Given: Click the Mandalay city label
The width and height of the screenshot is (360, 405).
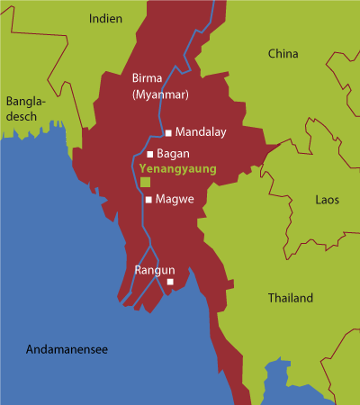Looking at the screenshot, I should (201, 131).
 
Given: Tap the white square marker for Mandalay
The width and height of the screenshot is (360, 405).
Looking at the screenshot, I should (168, 132).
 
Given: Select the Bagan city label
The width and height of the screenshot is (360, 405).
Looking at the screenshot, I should (175, 154).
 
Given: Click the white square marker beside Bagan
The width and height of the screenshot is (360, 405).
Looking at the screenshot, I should (149, 154).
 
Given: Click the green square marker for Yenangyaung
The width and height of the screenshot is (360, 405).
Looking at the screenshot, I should (144, 183).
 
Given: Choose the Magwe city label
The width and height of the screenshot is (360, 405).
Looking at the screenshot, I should (175, 199).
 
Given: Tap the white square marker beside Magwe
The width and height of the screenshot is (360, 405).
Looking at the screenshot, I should (149, 200).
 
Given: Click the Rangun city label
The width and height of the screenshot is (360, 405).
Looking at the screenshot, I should (154, 270).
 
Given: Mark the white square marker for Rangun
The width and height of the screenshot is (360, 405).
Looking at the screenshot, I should (170, 283).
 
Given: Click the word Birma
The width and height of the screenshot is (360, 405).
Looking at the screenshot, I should (148, 77).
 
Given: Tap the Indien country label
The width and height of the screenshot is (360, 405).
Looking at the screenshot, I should (107, 17).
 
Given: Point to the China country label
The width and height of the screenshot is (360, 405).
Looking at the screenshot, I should (283, 54).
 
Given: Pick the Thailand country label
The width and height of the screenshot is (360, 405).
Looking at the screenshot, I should (290, 298).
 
